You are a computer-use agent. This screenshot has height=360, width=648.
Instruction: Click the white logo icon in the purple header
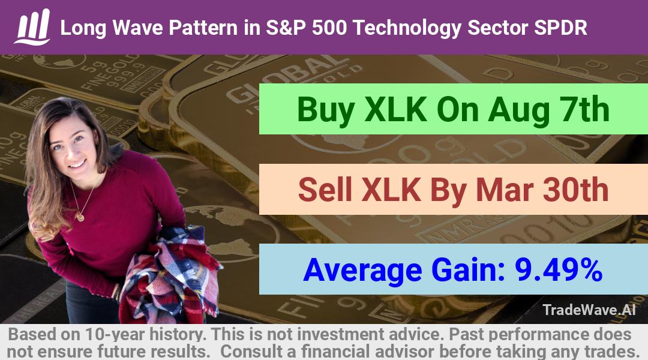pyautogui.click(x=32, y=27)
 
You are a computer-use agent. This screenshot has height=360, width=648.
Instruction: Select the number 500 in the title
pyautogui.click(x=330, y=28)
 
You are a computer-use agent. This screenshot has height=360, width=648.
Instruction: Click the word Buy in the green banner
pyautogui.click(x=326, y=110)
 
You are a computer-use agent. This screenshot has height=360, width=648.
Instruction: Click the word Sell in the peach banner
pyautogui.click(x=325, y=190)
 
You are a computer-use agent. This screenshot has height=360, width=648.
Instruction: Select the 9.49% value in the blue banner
pyautogui.click(x=558, y=269)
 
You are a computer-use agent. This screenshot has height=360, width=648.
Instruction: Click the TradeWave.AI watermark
pyautogui.click(x=589, y=310)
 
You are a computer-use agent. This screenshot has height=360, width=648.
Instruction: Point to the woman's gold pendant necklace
pyautogui.click(x=80, y=216)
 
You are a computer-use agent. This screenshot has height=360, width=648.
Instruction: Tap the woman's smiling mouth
pyautogui.click(x=76, y=164)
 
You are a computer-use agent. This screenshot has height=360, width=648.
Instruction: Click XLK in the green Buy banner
pyautogui.click(x=396, y=110)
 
